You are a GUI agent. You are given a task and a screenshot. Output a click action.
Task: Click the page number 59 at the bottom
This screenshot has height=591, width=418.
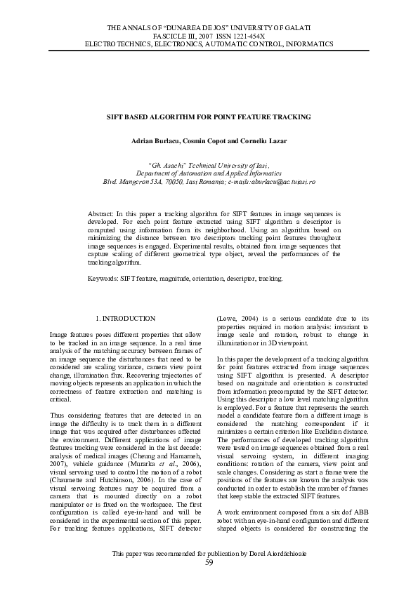209,563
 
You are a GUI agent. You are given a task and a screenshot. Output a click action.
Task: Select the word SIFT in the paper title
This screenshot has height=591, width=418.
114,117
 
